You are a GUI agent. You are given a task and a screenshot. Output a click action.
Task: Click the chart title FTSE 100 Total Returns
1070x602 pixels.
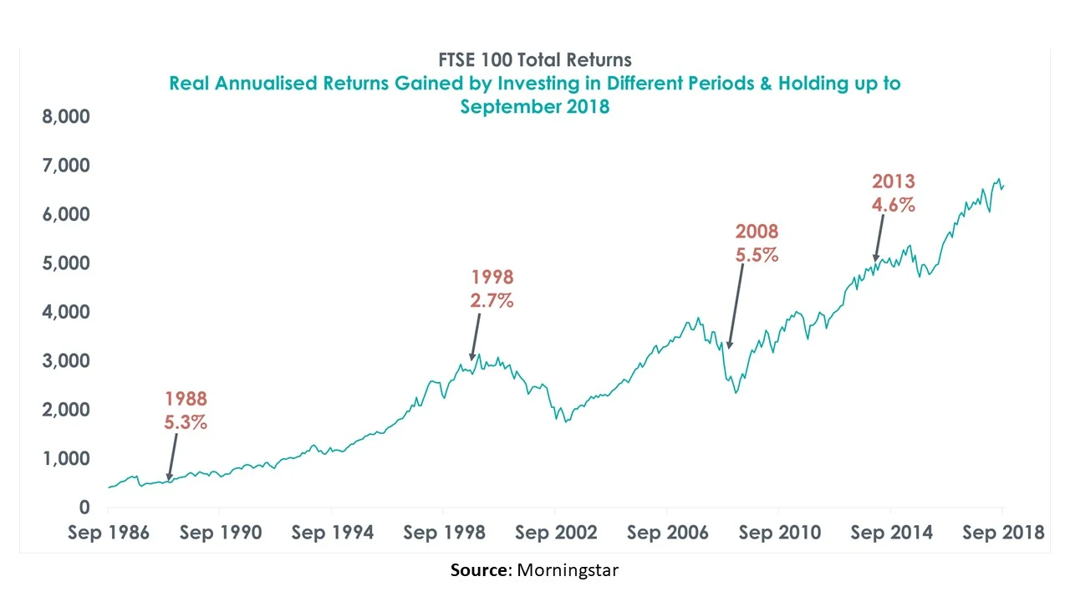click(535, 60)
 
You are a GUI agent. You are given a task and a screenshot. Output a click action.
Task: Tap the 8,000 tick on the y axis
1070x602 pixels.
click(66, 117)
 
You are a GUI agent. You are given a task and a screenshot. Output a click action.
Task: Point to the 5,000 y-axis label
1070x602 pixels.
click(66, 263)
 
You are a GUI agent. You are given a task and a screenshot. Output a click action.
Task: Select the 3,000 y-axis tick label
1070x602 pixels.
click(66, 361)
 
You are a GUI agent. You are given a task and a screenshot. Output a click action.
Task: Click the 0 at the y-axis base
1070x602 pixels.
click(84, 508)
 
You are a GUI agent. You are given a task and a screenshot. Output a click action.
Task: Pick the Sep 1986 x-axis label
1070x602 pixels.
click(110, 533)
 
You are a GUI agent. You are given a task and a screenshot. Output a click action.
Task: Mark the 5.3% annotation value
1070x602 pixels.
click(186, 422)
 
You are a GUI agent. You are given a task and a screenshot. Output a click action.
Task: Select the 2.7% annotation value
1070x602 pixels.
click(492, 300)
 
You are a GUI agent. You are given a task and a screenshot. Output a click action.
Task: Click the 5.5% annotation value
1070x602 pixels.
click(757, 255)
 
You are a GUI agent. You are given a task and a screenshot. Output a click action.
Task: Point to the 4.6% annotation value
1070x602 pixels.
click(894, 204)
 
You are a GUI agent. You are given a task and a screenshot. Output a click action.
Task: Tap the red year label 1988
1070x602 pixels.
click(186, 399)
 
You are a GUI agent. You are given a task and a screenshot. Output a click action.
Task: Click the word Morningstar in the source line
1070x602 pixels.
click(568, 570)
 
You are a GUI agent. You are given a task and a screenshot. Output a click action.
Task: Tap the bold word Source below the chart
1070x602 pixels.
click(480, 570)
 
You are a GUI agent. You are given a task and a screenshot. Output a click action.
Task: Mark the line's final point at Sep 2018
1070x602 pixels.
click(1002, 186)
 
